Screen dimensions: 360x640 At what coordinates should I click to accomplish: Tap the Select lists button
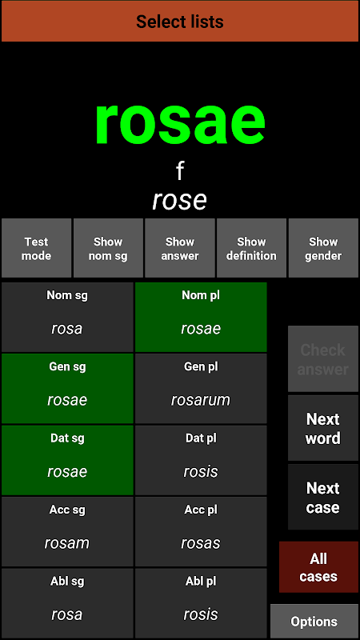[x=180, y=22]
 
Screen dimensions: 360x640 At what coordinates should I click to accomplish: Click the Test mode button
[x=36, y=248]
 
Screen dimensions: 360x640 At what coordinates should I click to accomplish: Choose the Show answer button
[x=179, y=248]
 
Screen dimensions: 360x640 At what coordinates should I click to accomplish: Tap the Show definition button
[x=251, y=248]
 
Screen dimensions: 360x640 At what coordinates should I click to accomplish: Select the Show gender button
[x=323, y=248]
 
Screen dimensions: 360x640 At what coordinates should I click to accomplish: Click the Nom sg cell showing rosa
[x=67, y=317]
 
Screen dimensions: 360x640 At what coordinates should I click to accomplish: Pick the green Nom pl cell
[x=201, y=317]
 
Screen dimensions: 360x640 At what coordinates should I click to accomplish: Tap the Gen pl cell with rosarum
[x=201, y=389]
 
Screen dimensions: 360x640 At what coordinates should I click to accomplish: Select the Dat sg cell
[x=67, y=460]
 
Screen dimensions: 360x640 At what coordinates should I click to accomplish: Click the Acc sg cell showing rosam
[x=67, y=531]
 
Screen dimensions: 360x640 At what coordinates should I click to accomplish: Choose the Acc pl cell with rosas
[x=201, y=531]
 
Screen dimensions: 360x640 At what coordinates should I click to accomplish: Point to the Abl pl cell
[x=201, y=603]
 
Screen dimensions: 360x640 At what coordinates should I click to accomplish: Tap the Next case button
[x=323, y=497]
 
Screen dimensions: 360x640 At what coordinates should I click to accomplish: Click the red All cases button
[x=318, y=567]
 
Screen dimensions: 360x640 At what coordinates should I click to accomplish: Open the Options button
[x=314, y=622]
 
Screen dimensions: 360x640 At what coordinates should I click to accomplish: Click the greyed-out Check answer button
[x=323, y=359]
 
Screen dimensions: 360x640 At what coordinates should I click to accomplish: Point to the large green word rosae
[x=180, y=123]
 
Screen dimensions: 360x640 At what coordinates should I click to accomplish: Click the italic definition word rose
[x=179, y=201]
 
